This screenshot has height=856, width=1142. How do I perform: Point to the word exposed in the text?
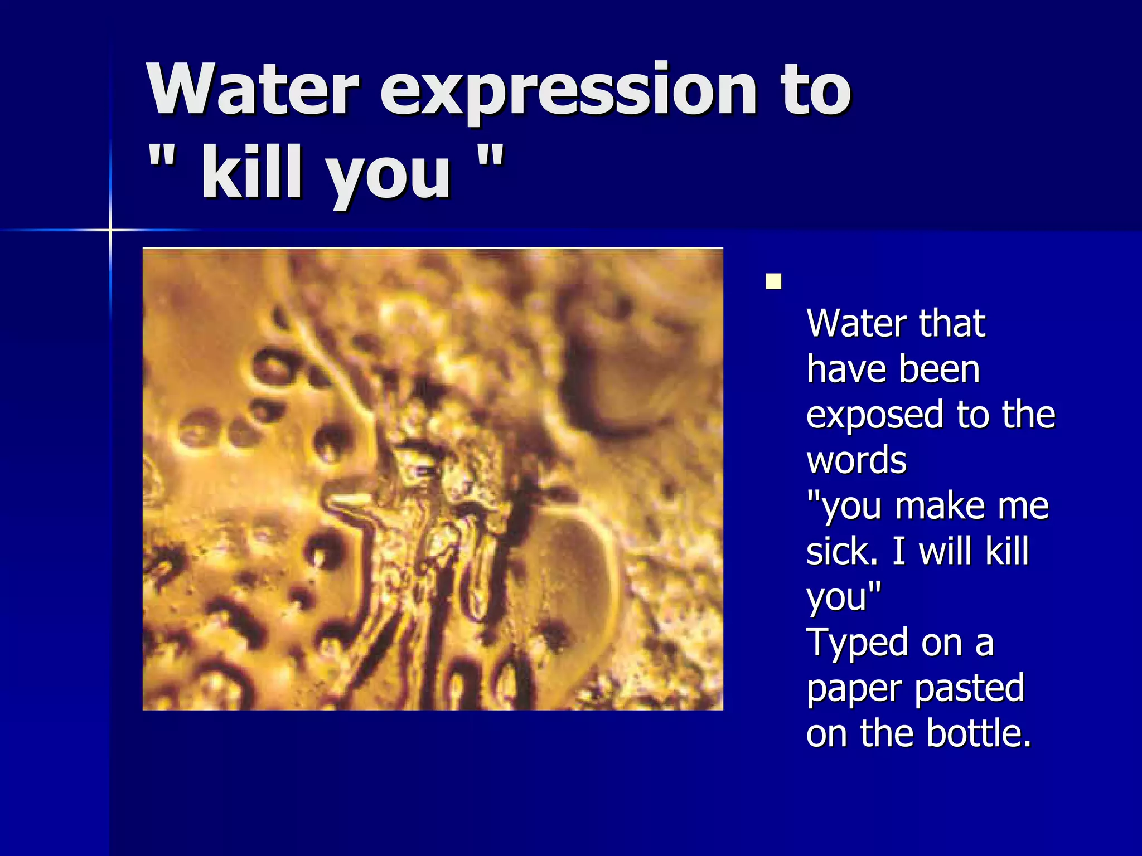[x=875, y=416]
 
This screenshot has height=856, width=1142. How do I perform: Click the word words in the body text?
[x=856, y=461]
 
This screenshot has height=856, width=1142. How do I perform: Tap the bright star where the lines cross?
[x=110, y=230]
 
